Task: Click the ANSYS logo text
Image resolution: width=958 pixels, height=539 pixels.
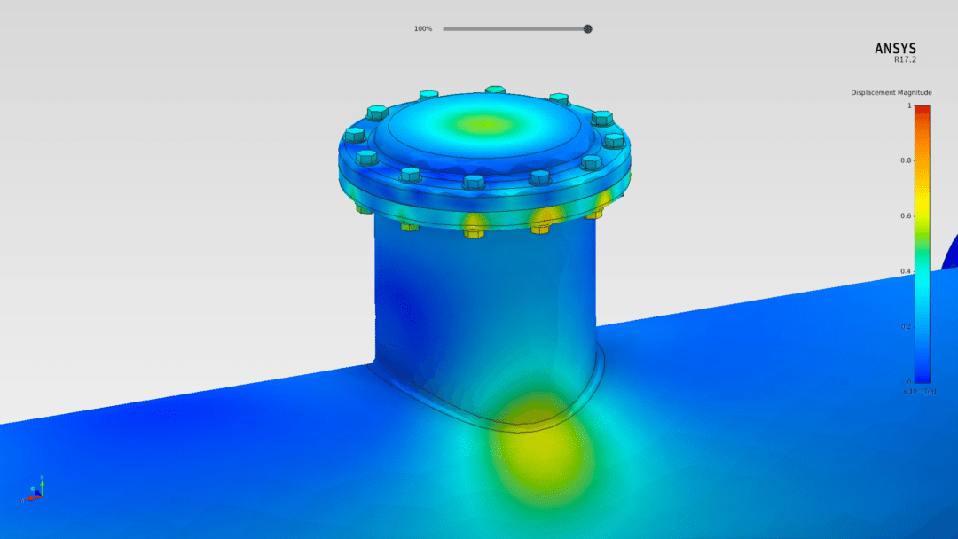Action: pos(895,49)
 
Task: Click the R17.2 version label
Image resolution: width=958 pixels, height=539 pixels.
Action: pos(905,60)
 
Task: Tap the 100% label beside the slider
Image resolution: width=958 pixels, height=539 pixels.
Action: pos(422,29)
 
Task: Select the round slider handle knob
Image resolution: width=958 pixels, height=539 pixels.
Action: pos(587,29)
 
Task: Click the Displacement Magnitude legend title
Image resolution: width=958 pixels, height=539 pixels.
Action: pos(891,92)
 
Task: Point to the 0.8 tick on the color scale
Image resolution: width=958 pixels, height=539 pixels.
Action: pos(906,160)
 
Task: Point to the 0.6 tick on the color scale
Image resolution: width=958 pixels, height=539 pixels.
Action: pos(906,216)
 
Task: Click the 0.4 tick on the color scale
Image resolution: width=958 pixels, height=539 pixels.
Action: pos(906,271)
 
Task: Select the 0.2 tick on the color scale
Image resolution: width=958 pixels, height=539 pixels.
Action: pos(906,327)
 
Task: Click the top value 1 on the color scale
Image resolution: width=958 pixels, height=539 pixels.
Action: pos(908,105)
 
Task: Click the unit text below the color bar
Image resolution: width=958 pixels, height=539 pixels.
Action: pos(918,391)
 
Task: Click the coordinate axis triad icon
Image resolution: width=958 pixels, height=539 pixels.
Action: pos(35,490)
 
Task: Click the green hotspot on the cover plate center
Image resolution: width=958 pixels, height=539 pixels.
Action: pos(483,124)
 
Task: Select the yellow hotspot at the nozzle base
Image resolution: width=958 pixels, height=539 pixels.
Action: pos(541,443)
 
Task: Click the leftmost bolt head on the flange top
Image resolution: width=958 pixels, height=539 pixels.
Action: pos(354,135)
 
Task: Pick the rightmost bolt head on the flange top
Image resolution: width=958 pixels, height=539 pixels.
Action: pos(613,140)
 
